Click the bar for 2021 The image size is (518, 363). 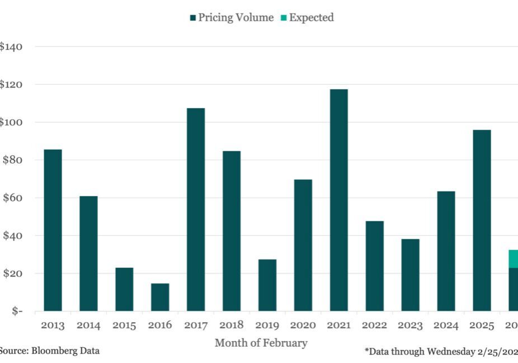(338, 200)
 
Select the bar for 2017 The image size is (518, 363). (195, 210)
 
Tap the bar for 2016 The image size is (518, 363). (159, 297)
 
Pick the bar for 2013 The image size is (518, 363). (53, 230)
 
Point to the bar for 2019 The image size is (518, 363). (267, 285)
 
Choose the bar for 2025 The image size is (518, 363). (482, 220)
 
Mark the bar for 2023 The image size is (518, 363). (410, 275)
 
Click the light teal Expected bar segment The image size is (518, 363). (514, 259)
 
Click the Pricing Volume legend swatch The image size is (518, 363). (193, 18)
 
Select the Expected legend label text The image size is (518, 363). (311, 17)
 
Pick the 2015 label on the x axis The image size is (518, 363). (124, 325)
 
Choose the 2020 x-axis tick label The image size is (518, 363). (303, 325)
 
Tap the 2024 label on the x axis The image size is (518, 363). (446, 325)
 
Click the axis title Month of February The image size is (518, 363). (261, 343)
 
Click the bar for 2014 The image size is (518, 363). (88, 253)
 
